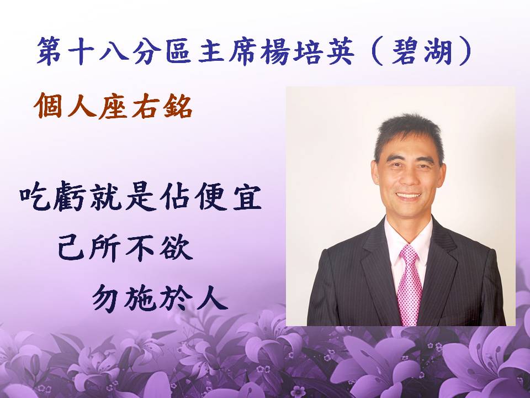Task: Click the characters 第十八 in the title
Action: pyautogui.click(x=82, y=51)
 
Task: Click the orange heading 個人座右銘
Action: pyautogui.click(x=113, y=106)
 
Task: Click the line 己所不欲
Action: pyautogui.click(x=125, y=248)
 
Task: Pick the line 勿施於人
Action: pyautogui.click(x=160, y=297)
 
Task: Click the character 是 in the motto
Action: pyautogui.click(x=141, y=196)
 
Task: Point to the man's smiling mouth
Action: pyautogui.click(x=409, y=196)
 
